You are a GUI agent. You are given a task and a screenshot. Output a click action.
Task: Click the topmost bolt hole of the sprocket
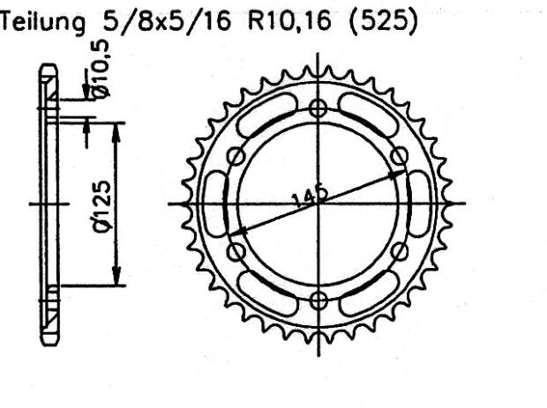coord(318,108)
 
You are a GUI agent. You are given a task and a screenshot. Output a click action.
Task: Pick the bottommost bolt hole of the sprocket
coord(318,300)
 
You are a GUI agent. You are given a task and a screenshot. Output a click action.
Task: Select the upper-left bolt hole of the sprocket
coord(236,157)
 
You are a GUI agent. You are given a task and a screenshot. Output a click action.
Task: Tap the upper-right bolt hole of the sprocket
coord(401,156)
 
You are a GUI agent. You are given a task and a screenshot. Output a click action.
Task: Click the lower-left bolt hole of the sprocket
coord(236,252)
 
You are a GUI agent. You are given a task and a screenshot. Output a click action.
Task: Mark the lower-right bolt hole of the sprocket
coord(401,252)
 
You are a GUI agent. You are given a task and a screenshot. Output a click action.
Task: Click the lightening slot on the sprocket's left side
coord(214,204)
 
